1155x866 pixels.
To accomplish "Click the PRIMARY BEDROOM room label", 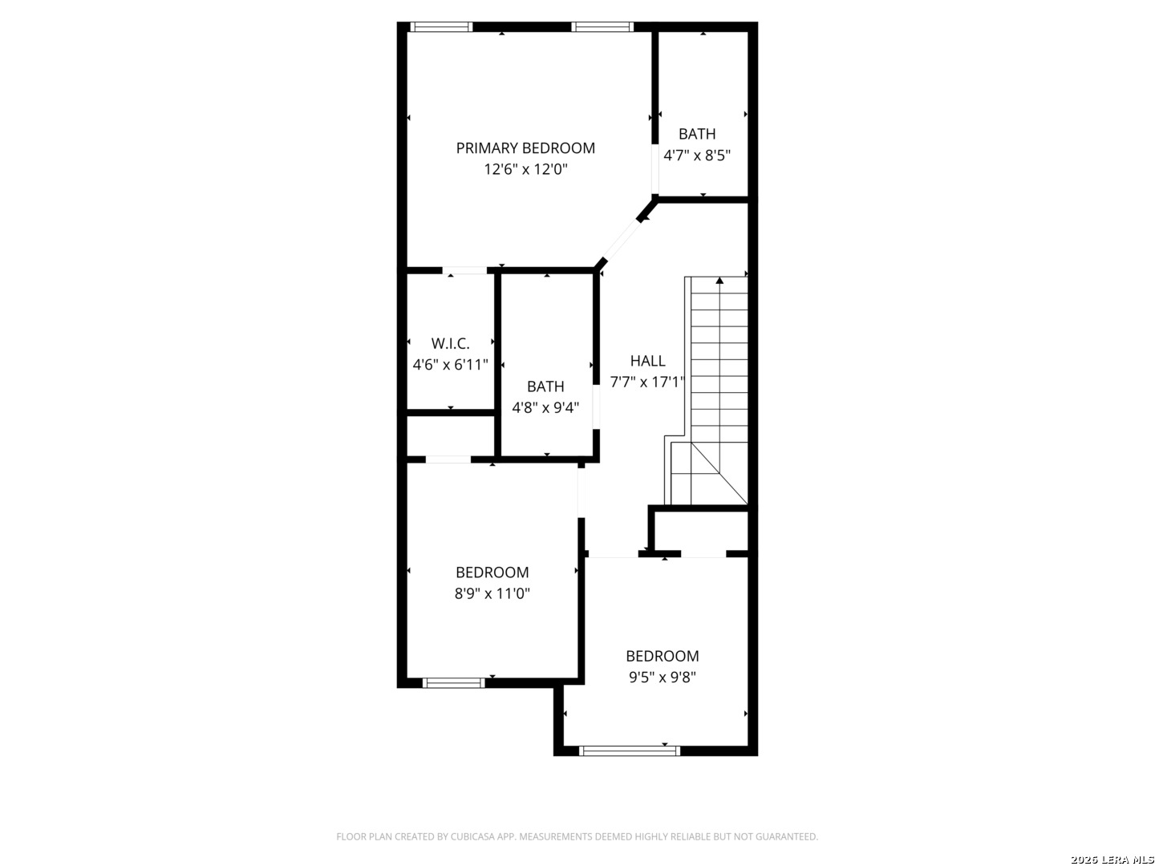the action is (525, 148).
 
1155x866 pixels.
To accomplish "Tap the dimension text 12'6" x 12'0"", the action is (525, 169).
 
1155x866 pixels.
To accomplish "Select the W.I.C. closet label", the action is (450, 343).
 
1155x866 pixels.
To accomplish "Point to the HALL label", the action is (647, 361).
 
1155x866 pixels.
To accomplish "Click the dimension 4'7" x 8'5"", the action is (697, 156).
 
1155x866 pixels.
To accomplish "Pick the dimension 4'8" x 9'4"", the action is (545, 407).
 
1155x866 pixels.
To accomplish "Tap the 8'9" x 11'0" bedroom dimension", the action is (492, 593).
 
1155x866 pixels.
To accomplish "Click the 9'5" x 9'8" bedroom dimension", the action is (662, 678).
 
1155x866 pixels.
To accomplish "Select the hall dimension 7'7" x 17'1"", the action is (646, 382).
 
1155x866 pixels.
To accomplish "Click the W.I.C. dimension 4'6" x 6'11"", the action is (450, 364).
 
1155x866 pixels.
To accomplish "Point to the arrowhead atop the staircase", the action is (719, 281).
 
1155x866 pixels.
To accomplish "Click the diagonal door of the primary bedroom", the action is (622, 241).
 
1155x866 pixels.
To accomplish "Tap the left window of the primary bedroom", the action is (441, 26).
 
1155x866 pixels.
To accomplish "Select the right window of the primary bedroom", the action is (602, 26).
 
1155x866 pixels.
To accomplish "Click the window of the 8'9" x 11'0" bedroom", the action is (453, 683).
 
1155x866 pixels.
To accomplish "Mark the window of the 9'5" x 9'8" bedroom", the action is (630, 751).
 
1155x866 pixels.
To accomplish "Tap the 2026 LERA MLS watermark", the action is (1112, 859).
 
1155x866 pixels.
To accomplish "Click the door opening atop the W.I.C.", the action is (464, 270).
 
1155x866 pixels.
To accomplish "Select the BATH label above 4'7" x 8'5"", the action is (697, 134).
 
